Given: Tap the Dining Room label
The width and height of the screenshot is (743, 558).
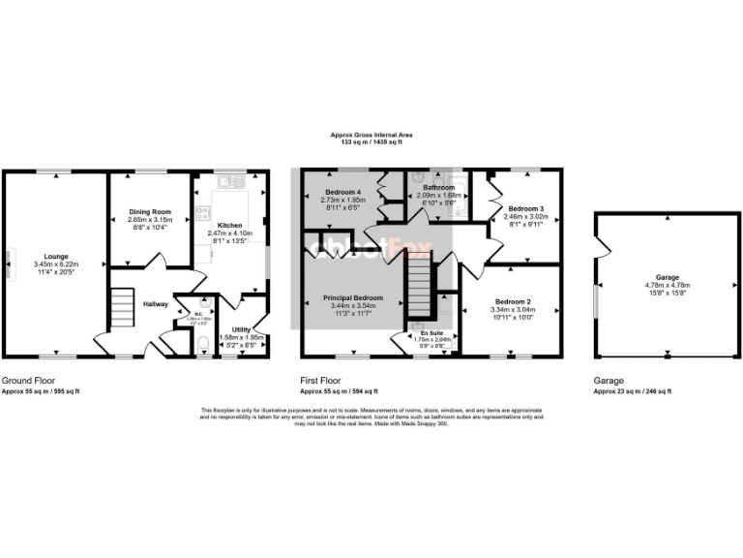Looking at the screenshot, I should point(149,211).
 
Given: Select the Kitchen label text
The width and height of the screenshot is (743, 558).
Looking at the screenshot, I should point(228,225).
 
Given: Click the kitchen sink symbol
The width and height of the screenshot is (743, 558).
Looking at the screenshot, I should point(229,181).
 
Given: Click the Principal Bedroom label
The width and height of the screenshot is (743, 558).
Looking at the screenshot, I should point(353,297).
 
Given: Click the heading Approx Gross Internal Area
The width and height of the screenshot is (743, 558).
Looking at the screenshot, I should point(371,136).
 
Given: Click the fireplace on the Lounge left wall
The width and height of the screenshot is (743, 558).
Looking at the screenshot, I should point(9,262).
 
